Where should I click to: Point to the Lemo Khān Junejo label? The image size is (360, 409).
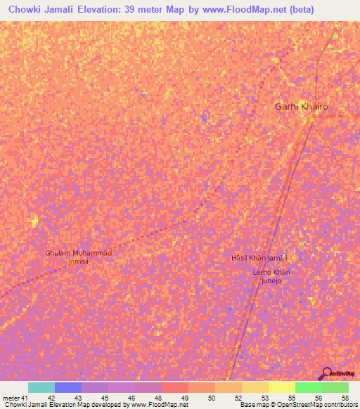[x=271, y=276]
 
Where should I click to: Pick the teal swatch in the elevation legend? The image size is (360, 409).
[x=41, y=387]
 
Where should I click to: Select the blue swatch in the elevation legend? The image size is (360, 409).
[x=67, y=387]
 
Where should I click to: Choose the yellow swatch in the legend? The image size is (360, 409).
[x=282, y=387]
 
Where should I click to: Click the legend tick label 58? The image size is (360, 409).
[x=344, y=397]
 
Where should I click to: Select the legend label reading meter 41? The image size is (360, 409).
[x=14, y=397]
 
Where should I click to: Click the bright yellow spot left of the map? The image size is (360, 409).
[x=34, y=223]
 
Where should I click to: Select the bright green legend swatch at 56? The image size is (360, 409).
[x=309, y=387]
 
